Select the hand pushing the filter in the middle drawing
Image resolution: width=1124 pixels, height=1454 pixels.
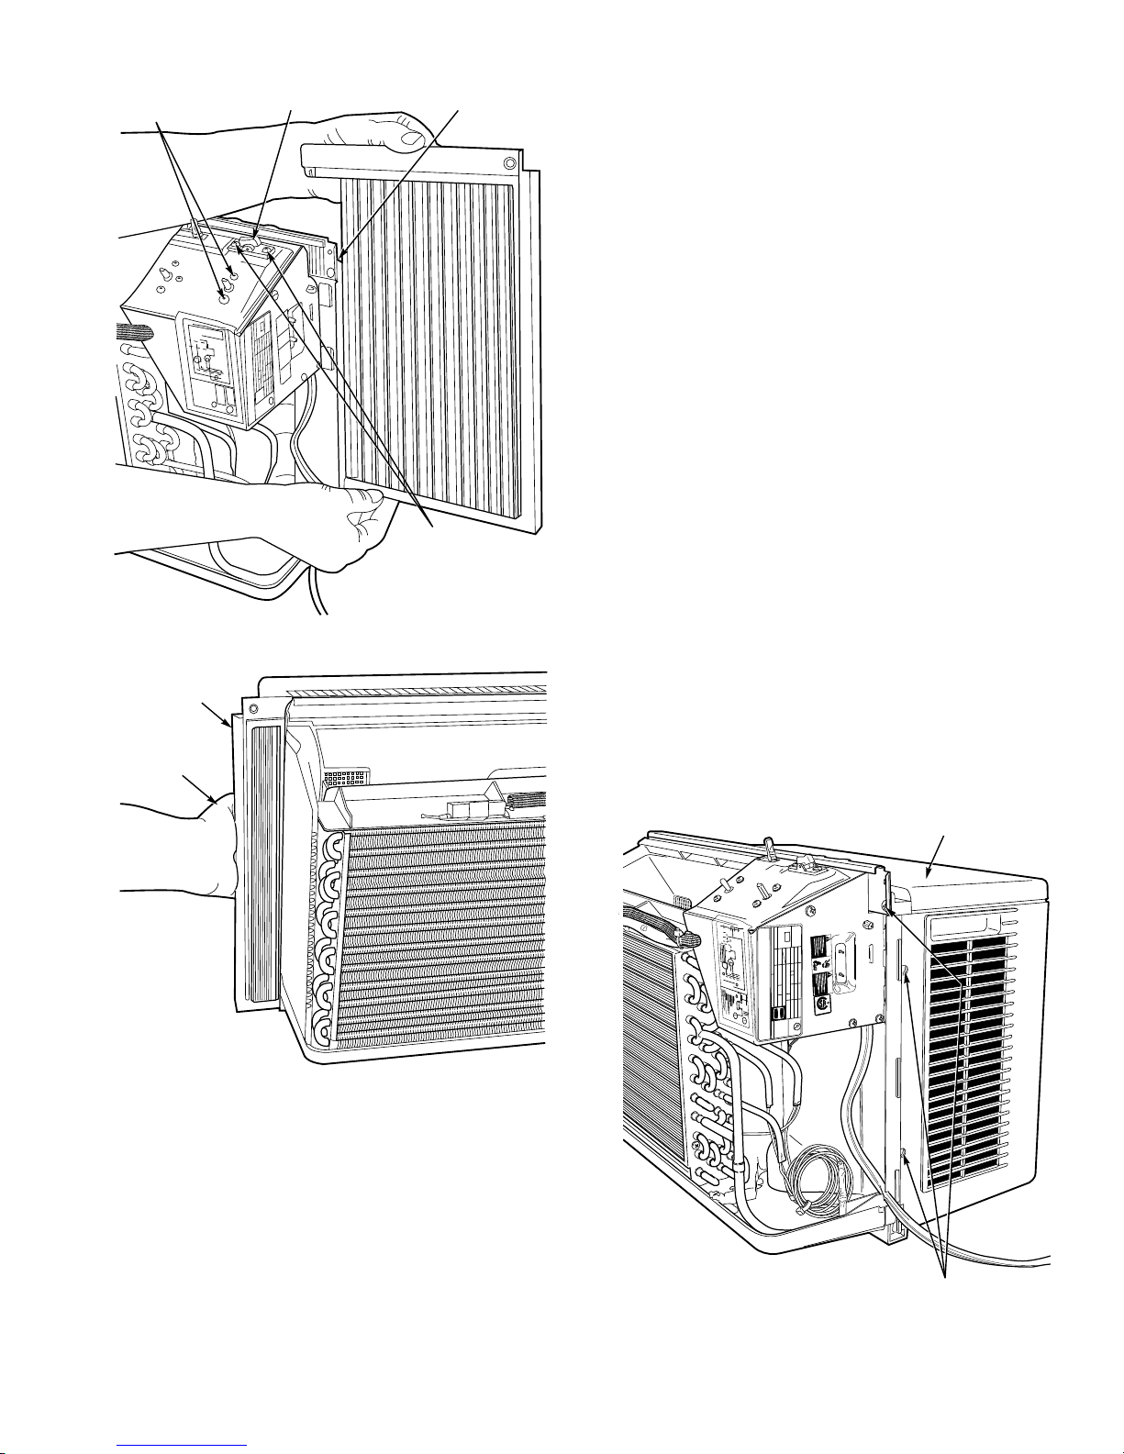coord(202,849)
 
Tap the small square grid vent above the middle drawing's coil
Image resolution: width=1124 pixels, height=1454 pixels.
coord(345,779)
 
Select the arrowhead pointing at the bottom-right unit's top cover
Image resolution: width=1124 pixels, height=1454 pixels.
coord(929,868)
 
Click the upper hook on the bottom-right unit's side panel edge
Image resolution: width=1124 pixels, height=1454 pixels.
coord(906,972)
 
